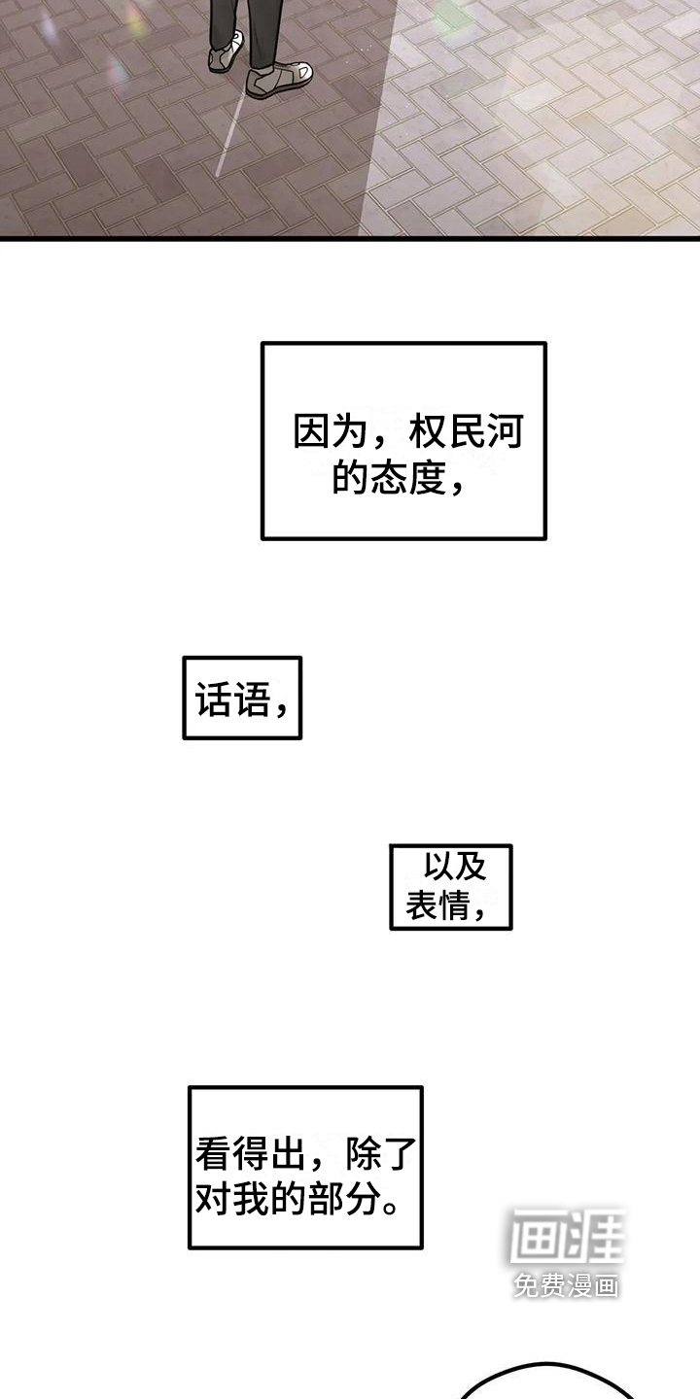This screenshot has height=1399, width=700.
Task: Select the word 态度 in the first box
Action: click(x=407, y=478)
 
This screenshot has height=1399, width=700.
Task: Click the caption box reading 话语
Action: click(x=242, y=698)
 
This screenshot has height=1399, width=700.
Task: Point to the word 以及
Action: click(x=454, y=865)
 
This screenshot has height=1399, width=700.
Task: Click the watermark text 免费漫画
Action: click(x=567, y=1286)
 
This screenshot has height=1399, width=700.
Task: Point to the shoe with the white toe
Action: click(x=280, y=79)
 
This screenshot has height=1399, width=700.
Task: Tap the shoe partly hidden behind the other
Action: click(x=225, y=54)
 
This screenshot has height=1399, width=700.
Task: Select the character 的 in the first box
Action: click(x=349, y=478)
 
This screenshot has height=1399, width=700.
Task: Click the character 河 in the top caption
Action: click(x=505, y=432)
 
